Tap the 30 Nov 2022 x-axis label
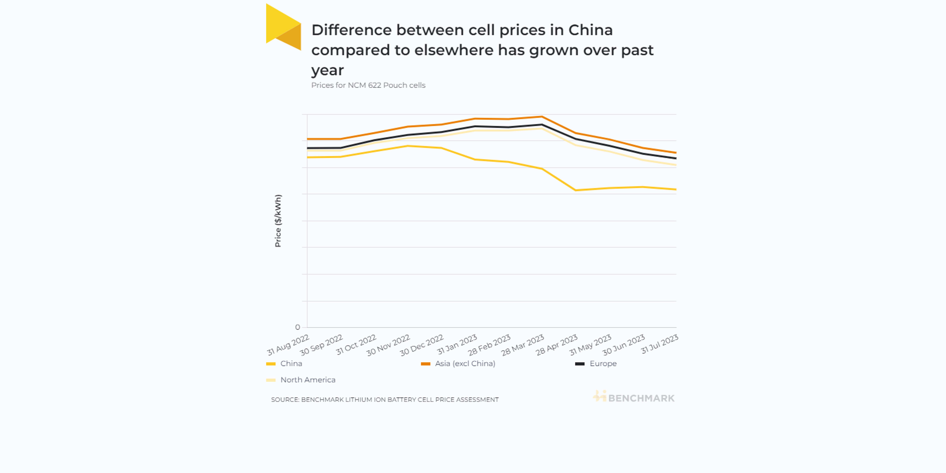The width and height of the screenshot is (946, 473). coord(388,345)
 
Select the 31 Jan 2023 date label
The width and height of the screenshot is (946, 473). coord(457,344)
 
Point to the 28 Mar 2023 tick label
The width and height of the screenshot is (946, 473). coord(523,345)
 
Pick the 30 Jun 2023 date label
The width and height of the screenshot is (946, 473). coord(623,345)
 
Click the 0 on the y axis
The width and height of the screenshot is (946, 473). coord(298,327)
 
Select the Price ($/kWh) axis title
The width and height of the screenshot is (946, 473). coord(278,220)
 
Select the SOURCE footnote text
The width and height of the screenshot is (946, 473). coord(384,399)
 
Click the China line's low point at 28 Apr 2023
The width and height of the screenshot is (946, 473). coord(576,190)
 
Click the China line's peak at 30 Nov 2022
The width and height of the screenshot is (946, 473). coord(408,146)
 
